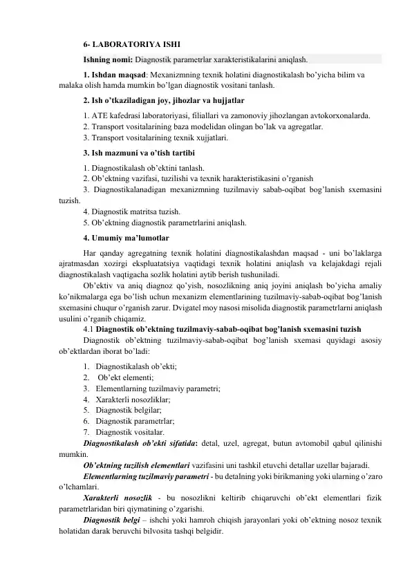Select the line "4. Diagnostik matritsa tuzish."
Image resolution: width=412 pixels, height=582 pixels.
pyautogui.click(x=131, y=211)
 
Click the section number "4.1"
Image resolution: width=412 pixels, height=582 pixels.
pyautogui.click(x=87, y=328)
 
